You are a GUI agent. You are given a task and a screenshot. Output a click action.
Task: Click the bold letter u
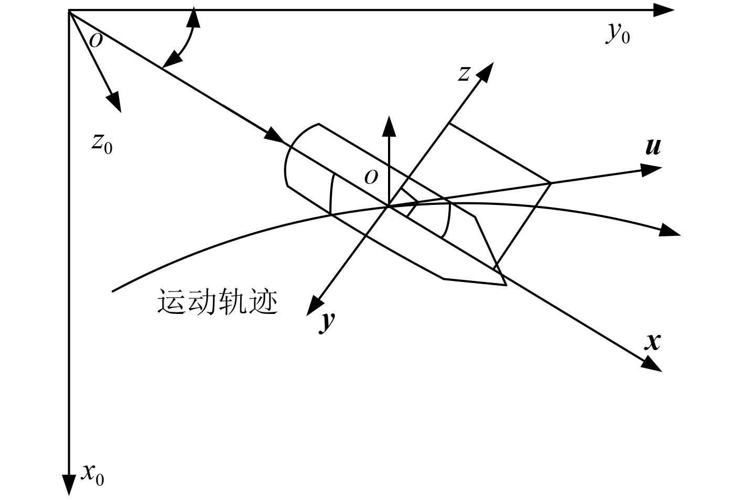pos(653,147)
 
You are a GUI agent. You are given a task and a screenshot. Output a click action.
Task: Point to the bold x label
pos(653,342)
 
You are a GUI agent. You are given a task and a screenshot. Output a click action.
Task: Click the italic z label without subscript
pos(464,74)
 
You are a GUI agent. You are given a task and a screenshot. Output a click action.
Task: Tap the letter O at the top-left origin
pos(96,40)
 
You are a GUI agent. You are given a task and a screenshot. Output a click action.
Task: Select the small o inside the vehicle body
pos(371,178)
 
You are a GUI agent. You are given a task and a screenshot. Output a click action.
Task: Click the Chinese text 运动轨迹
pos(218,302)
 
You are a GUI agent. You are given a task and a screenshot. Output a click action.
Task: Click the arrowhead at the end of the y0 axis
pos(664,10)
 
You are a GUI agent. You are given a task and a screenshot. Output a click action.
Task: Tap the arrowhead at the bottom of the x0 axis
pos(69,484)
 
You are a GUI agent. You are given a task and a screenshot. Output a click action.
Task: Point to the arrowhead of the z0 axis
pos(115,102)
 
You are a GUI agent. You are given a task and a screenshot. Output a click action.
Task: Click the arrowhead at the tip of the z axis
pos(486,71)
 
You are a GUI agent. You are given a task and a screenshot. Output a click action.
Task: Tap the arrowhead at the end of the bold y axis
pos(314,306)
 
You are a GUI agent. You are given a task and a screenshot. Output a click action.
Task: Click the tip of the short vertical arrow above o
pos(389,125)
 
